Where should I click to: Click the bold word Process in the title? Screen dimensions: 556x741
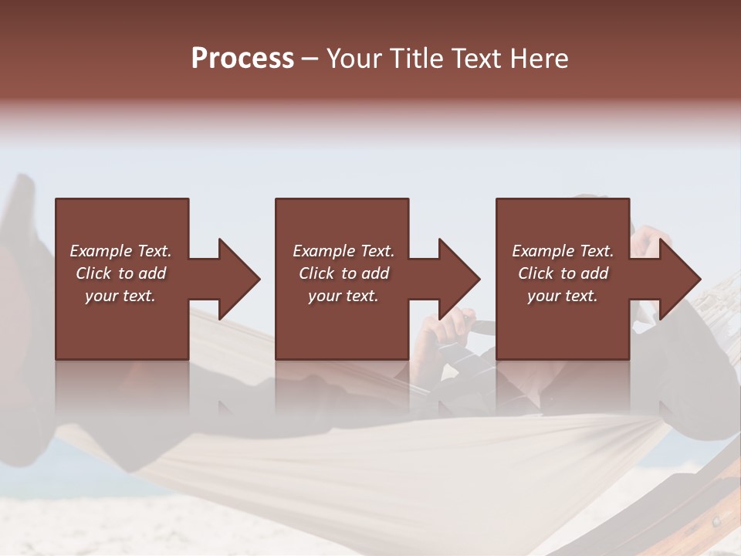pos(242,58)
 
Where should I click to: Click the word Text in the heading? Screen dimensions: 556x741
pos(478,58)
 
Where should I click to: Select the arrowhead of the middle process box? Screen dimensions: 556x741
pos(458,279)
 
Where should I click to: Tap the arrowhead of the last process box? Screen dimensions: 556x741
pos(678,279)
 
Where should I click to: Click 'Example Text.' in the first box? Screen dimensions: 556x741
pos(120,251)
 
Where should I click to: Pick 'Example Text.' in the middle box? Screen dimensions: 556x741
pos(343,251)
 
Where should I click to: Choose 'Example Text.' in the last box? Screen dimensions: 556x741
pos(563,251)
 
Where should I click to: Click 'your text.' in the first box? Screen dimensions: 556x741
pos(120,296)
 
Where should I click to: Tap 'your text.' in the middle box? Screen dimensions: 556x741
pos(343,296)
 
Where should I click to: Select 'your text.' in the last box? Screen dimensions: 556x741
pos(563,296)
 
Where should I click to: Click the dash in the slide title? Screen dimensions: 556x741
pos(310,59)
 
